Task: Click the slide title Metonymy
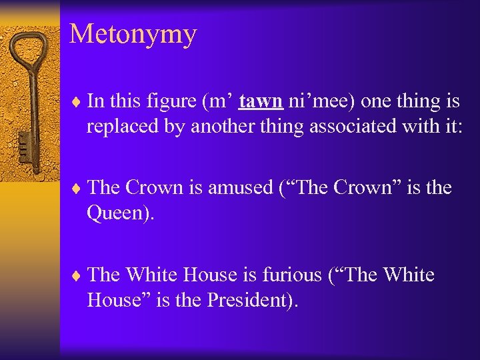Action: [x=133, y=34]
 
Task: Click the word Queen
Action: [x=114, y=213]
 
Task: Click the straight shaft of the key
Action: [x=33, y=107]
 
